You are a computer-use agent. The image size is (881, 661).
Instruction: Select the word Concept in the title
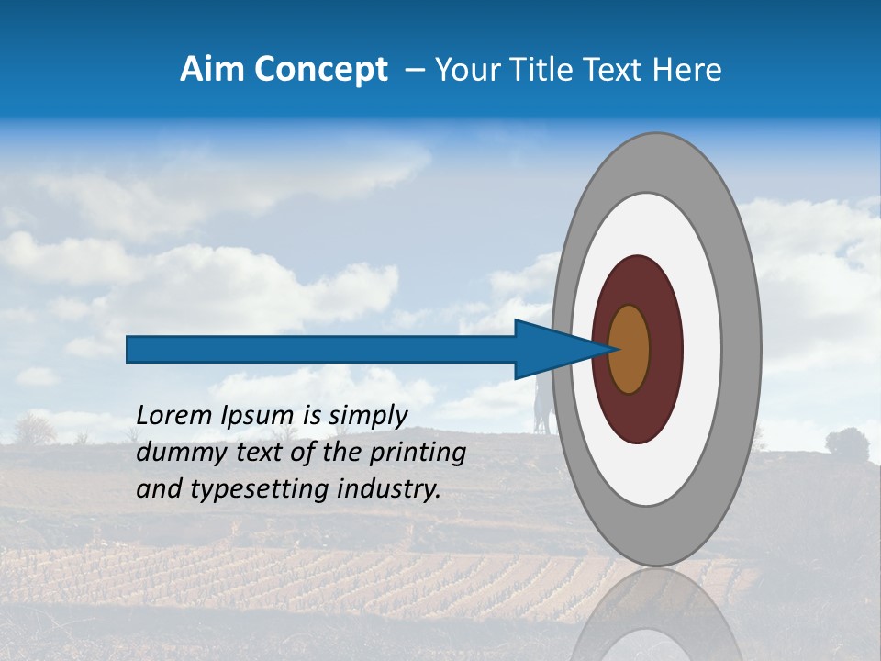click(x=320, y=70)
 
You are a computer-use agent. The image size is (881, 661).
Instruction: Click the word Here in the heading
click(x=687, y=70)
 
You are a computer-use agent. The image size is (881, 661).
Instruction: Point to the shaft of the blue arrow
click(x=321, y=349)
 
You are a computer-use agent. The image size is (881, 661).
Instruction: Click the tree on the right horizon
click(x=846, y=443)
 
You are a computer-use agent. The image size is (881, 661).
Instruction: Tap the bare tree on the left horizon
click(x=35, y=428)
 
